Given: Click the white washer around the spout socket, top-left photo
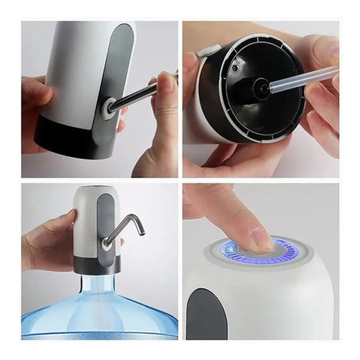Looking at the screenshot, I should tap(108, 108).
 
